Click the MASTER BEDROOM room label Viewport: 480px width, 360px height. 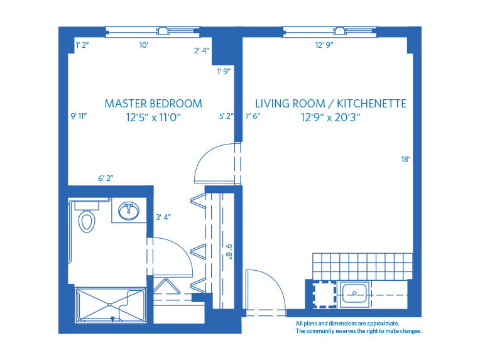[153, 103]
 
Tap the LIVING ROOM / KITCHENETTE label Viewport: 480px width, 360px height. [330, 103]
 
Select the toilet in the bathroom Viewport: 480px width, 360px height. [86, 220]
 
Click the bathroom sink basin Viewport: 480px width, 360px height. [129, 210]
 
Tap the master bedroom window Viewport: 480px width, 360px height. [153, 31]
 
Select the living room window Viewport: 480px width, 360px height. [329, 31]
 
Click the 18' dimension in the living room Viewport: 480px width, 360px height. [405, 160]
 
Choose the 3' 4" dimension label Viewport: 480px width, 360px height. [163, 217]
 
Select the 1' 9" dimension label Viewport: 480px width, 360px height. [224, 71]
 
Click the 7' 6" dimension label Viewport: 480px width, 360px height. [252, 116]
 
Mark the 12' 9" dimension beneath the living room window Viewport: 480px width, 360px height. [324, 45]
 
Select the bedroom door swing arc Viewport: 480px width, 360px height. [212, 162]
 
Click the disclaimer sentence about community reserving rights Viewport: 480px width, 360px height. [358, 330]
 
